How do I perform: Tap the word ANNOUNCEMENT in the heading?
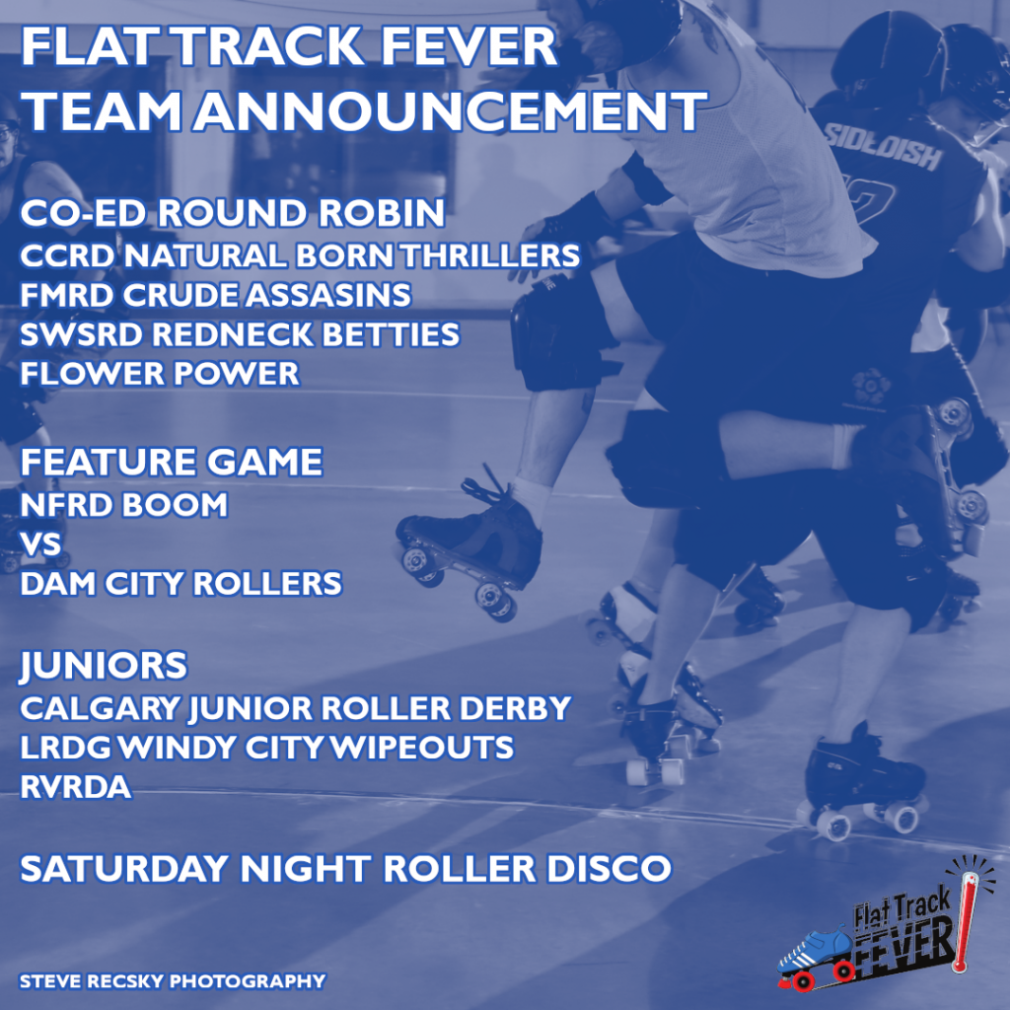[450, 111]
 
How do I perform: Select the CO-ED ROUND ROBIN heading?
[233, 213]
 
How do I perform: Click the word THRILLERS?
[490, 255]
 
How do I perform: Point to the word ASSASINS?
[327, 295]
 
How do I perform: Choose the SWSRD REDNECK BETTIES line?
[240, 334]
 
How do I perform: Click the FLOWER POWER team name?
[160, 374]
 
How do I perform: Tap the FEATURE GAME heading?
[172, 462]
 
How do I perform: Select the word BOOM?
[175, 504]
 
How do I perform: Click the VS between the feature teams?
[40, 543]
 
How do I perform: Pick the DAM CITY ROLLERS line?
[181, 584]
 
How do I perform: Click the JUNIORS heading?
[104, 666]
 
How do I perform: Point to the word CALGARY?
[101, 708]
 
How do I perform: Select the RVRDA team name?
[76, 786]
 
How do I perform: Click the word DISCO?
[609, 868]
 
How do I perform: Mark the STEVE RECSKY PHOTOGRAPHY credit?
[173, 981]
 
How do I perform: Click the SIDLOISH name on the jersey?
[883, 145]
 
